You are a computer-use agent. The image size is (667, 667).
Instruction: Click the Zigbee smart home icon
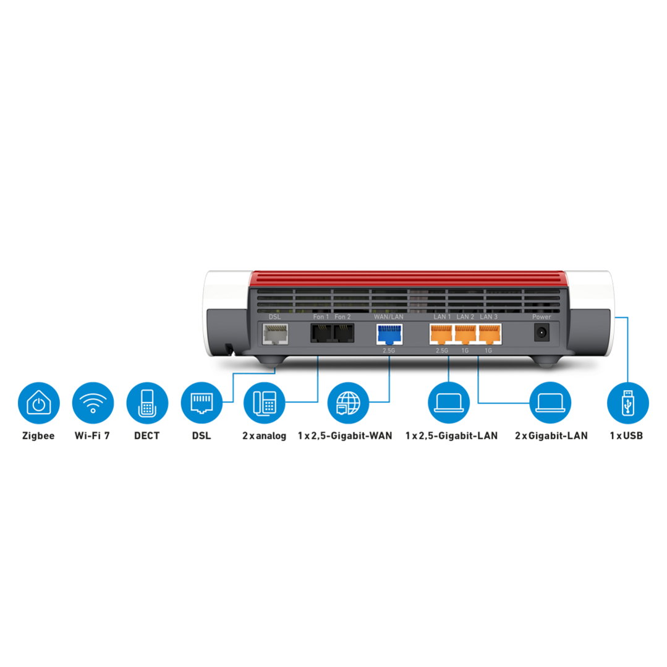(x=39, y=403)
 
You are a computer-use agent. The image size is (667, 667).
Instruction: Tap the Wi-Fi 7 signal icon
(x=93, y=403)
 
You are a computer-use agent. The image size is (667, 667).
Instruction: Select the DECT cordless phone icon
(x=147, y=403)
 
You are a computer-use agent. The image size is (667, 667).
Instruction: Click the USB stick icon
(x=628, y=403)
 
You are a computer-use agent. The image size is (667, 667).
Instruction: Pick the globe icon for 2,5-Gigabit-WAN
(x=348, y=403)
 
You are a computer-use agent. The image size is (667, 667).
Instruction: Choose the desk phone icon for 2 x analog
(x=264, y=403)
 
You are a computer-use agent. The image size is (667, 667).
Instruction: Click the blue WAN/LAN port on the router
(x=389, y=334)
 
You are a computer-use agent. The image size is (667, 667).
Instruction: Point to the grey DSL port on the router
(x=275, y=334)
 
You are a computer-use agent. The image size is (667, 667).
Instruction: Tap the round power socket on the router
(x=542, y=332)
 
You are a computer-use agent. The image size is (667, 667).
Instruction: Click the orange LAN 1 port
(x=441, y=334)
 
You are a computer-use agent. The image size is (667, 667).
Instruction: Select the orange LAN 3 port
(x=490, y=334)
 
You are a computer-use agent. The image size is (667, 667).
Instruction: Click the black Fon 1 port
(x=321, y=333)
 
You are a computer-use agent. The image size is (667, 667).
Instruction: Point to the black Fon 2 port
(x=343, y=333)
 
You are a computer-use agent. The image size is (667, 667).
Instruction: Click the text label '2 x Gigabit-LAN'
(x=551, y=436)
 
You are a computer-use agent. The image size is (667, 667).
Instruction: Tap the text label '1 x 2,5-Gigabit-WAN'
(x=345, y=436)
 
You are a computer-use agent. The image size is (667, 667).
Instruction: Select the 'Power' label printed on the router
(x=542, y=317)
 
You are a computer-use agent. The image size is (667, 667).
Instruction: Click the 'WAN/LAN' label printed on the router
(x=389, y=317)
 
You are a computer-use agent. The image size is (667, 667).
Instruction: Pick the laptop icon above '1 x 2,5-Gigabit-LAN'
(x=449, y=403)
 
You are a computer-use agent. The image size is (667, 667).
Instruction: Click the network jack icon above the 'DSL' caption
(x=202, y=403)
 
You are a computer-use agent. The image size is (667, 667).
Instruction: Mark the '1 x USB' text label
(x=626, y=436)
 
